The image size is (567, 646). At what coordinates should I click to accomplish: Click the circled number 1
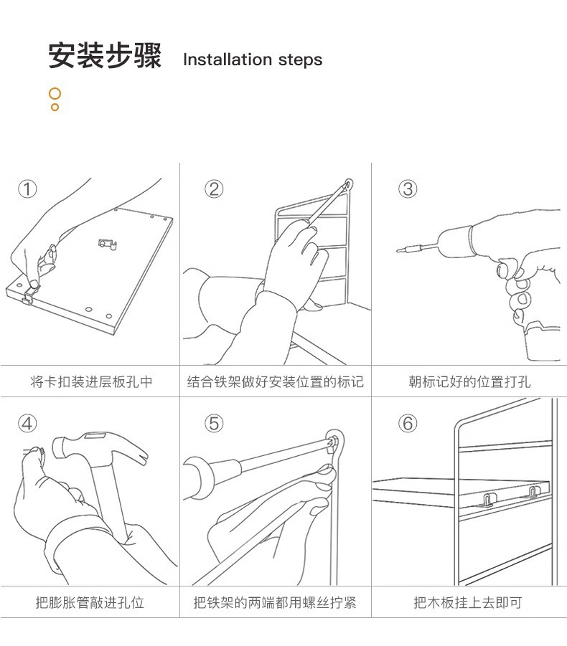tap(27, 189)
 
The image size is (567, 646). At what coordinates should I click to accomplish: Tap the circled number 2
tap(214, 189)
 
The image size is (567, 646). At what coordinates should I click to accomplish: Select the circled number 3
tap(408, 189)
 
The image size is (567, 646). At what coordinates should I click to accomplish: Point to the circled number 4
tap(27, 423)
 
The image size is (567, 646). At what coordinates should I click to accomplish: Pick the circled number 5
tap(214, 423)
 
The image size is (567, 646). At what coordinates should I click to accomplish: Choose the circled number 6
tap(408, 423)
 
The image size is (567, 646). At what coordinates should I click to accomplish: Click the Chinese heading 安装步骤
tap(105, 55)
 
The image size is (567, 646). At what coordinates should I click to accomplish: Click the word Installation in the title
tap(228, 60)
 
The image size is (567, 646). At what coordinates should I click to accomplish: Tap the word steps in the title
tap(300, 60)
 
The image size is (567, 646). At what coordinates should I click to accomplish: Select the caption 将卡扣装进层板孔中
tap(91, 382)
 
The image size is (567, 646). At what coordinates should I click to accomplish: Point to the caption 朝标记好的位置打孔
tap(469, 382)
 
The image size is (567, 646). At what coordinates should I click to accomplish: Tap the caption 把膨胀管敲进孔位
tap(90, 602)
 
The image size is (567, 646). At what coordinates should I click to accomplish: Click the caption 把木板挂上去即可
tap(468, 602)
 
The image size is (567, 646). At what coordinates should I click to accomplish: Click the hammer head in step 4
tap(100, 448)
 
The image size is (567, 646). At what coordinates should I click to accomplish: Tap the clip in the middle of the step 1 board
tap(107, 244)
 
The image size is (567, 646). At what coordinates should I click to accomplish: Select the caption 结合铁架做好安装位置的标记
tap(276, 382)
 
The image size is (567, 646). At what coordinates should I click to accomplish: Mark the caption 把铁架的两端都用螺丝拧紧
tap(275, 602)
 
